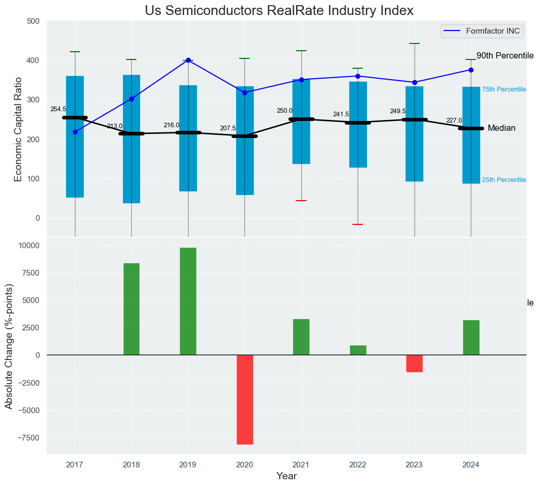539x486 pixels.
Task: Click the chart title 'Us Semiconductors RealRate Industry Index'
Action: [279, 11]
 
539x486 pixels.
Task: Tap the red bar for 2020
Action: [244, 399]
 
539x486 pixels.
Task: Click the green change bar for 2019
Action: [188, 301]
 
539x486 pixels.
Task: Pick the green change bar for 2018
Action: [131, 309]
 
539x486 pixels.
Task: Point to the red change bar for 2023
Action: [414, 363]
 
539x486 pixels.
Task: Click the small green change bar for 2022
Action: [358, 350]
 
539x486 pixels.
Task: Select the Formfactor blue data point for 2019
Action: [188, 60]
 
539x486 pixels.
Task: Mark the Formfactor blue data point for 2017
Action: [75, 132]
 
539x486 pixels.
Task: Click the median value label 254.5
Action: [58, 110]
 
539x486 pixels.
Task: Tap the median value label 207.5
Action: [228, 128]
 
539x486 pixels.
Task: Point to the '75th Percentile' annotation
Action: [504, 90]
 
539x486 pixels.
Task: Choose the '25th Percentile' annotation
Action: [504, 180]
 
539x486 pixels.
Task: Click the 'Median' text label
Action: [502, 128]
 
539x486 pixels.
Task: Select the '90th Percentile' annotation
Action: [504, 56]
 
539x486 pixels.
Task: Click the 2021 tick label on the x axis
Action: [301, 465]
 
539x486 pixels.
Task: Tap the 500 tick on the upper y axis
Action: [33, 21]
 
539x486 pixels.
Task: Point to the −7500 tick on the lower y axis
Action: [27, 437]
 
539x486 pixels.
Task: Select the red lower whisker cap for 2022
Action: [358, 224]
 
